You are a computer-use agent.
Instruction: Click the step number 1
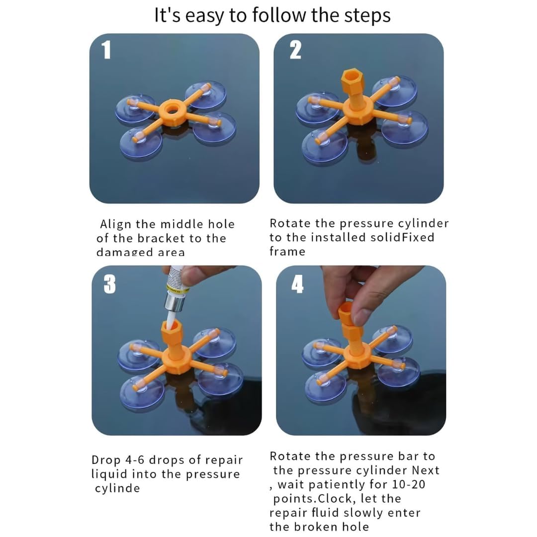[x=106, y=50]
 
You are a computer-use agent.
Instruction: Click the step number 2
[x=295, y=50]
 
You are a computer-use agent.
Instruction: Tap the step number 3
[x=110, y=284]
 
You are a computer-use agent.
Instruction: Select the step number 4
[x=297, y=284]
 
